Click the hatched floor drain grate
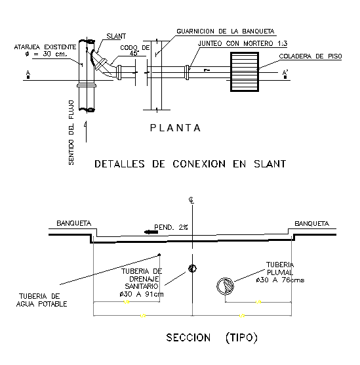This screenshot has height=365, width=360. (245, 72)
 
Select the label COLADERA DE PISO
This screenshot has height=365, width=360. (310, 56)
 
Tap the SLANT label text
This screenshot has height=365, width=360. (116, 36)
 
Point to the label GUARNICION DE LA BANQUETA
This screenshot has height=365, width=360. (226, 32)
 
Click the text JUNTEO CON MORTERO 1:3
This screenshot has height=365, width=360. (243, 43)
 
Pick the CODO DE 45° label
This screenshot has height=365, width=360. (135, 51)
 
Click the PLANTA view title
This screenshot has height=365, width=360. (175, 128)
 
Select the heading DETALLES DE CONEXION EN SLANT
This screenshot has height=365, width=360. (190, 164)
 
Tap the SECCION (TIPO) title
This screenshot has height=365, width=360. (212, 337)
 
